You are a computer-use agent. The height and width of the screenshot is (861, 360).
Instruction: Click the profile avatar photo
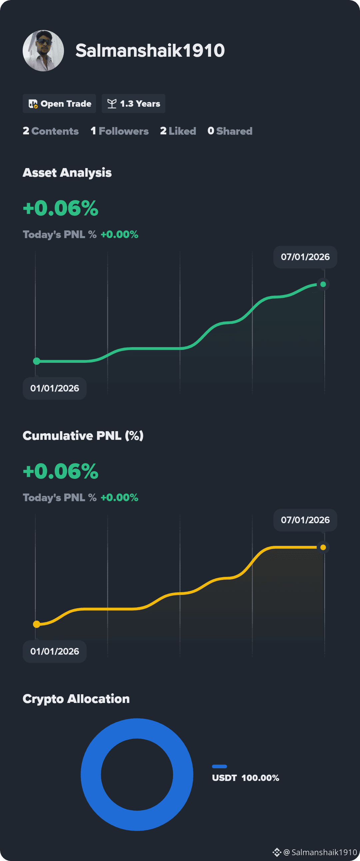tap(43, 51)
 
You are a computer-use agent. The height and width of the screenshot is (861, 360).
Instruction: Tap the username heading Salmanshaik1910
tap(150, 50)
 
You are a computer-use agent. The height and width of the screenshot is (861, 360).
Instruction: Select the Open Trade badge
tap(59, 104)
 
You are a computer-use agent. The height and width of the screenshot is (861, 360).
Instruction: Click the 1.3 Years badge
tap(133, 104)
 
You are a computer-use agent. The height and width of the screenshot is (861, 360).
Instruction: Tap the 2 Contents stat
tap(51, 131)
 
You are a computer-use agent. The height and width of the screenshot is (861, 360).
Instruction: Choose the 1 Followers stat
tap(120, 131)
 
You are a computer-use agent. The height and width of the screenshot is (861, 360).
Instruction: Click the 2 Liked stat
tap(178, 131)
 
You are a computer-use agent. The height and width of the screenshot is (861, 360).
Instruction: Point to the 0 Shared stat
tap(230, 131)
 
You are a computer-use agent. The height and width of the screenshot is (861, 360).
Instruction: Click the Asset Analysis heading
tap(67, 173)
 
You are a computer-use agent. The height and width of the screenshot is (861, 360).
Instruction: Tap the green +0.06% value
tap(61, 208)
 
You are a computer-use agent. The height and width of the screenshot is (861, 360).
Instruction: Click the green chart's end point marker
tap(323, 284)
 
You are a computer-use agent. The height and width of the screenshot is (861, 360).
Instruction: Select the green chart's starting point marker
tap(37, 361)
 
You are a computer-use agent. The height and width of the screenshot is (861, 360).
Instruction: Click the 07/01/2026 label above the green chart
tap(305, 257)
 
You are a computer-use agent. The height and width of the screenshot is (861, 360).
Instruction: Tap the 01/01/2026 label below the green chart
tap(54, 388)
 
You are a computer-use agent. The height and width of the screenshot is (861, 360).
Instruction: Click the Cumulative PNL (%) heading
tap(83, 436)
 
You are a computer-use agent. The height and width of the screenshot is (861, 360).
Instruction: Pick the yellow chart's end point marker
tap(323, 548)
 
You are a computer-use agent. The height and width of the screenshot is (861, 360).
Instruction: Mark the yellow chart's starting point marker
tap(37, 624)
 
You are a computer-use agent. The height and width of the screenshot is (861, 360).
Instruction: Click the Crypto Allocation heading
tap(76, 699)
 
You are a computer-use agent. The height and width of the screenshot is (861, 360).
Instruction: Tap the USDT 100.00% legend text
tap(246, 778)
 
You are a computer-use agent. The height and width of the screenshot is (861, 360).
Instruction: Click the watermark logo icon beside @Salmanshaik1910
tap(277, 852)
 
